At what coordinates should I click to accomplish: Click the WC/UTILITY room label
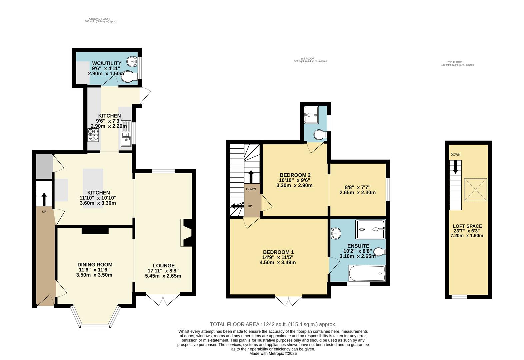point(107,63)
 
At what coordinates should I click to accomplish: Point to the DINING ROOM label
point(95,265)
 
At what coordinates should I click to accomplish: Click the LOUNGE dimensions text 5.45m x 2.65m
point(163,276)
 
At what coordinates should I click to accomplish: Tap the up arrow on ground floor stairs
point(44,199)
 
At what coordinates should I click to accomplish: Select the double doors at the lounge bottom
point(163,299)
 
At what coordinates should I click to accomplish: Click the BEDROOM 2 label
point(295,175)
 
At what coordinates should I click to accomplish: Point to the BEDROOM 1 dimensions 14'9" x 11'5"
point(278,257)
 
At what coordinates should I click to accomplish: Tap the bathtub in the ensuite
point(367,273)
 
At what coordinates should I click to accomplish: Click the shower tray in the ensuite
point(370,229)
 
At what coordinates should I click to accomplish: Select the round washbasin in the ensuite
point(336,233)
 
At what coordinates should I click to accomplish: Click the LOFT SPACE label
point(467,226)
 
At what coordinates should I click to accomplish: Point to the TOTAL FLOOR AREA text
point(273,324)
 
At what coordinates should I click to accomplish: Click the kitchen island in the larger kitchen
point(93,188)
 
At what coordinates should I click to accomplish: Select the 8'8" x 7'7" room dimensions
point(357,187)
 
